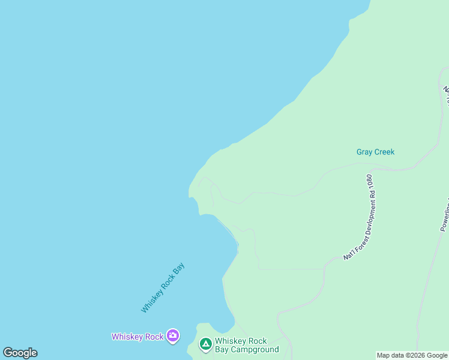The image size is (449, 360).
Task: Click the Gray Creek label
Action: pyautogui.click(x=375, y=152)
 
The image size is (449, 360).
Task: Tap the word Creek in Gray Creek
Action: pyautogui.click(x=384, y=152)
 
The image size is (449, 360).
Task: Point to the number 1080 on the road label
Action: pyautogui.click(x=370, y=183)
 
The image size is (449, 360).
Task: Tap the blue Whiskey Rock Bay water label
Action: pyautogui.click(x=163, y=287)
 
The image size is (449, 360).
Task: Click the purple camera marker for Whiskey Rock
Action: pyautogui.click(x=173, y=336)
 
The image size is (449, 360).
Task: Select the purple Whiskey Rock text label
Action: pyautogui.click(x=137, y=337)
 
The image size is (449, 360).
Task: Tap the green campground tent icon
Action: pyautogui.click(x=205, y=344)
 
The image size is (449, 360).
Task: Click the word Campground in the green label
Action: pyautogui.click(x=255, y=349)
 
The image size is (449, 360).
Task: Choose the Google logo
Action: pyautogui.click(x=20, y=353)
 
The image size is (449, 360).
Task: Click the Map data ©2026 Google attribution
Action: pyautogui.click(x=412, y=355)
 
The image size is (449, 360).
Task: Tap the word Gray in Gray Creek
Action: pyautogui.click(x=365, y=152)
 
